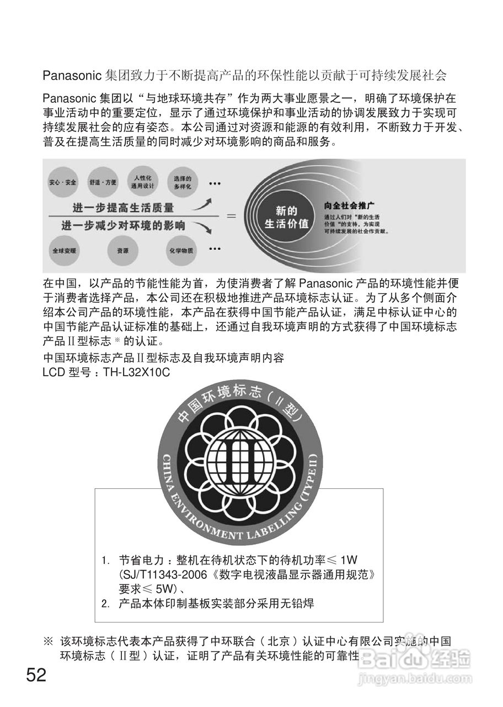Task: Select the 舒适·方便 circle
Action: coord(103,182)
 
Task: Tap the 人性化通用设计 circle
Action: coord(142,181)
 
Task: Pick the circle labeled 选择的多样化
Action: coord(181,182)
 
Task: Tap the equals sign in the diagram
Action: coord(232,217)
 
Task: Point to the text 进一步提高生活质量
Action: coord(123,208)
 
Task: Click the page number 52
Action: coord(36,675)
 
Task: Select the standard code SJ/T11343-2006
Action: coord(160,575)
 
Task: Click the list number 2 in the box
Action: coord(105,603)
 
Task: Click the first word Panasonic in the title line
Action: coord(71,75)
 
